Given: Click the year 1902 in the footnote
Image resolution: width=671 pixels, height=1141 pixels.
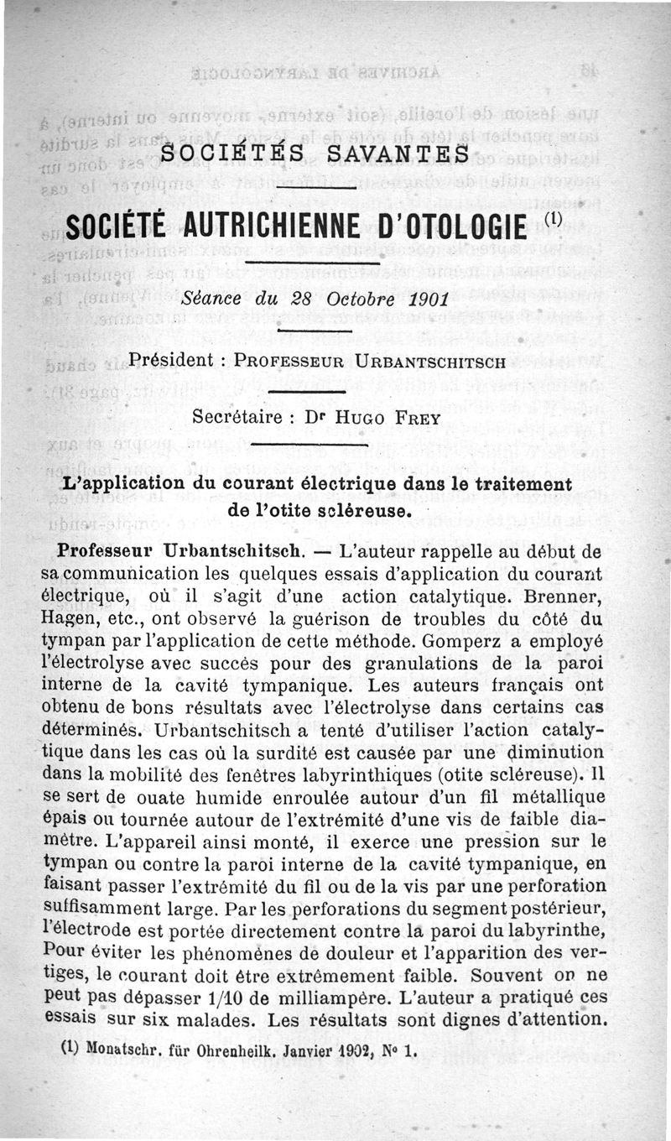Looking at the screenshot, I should (x=330, y=1050).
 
